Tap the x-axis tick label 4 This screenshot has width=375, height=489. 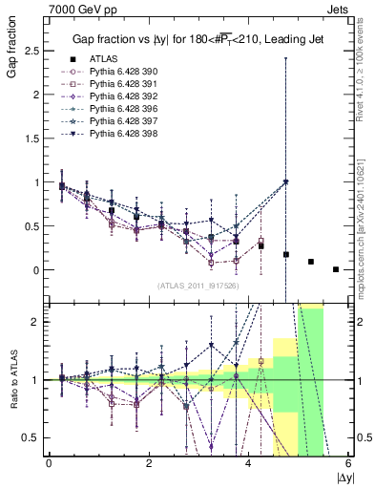coord(248,463)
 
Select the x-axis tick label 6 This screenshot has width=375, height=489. coord(348,463)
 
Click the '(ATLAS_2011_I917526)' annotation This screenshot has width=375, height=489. coord(198,287)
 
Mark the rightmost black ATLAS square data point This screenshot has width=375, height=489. coord(336,269)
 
